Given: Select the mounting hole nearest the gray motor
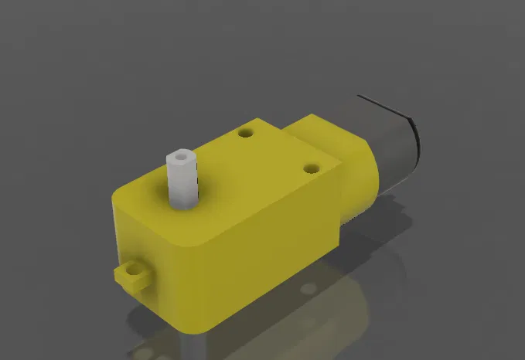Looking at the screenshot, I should [x=312, y=167].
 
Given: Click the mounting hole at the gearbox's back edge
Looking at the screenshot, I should [x=247, y=133].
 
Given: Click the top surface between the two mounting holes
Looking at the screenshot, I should [x=278, y=151].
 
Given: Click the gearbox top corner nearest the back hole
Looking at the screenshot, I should [x=261, y=121].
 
